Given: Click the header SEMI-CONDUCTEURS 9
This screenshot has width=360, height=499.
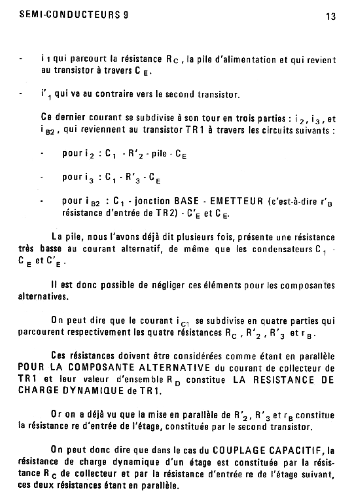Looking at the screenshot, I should [74, 15].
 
